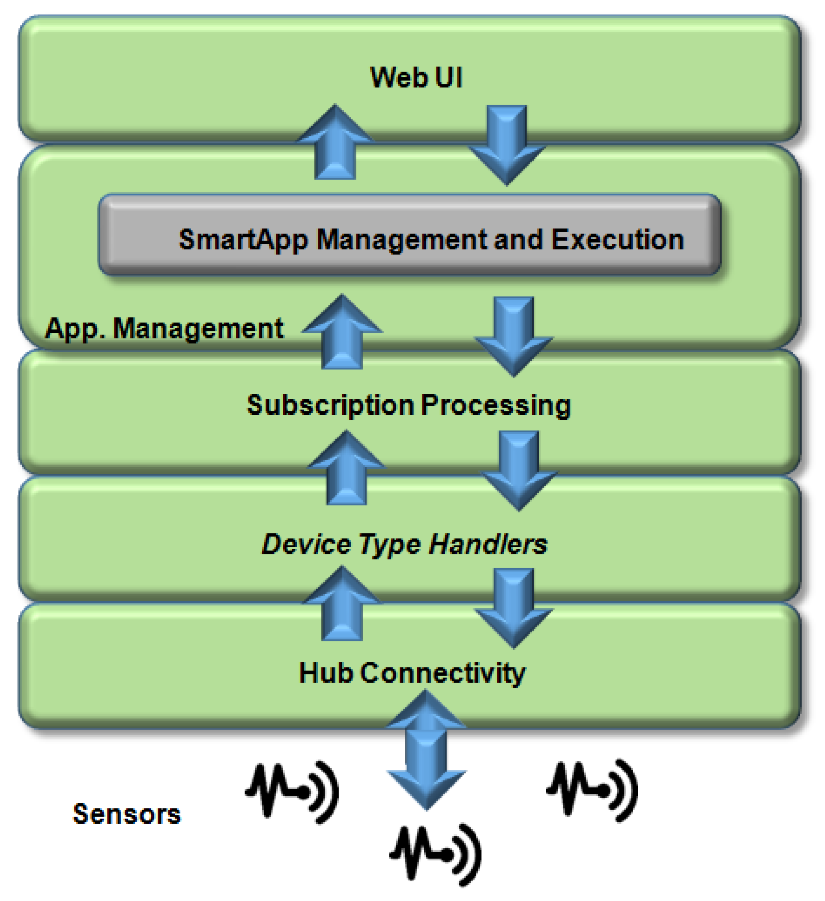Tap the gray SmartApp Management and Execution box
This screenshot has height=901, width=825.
pos(410,235)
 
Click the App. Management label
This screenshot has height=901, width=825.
pos(164,329)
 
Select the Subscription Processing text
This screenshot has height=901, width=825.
pos(409,405)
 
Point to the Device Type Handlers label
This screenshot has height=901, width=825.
pos(404,545)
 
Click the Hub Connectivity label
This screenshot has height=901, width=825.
pos(412,673)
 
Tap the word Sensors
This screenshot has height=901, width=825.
pos(127,814)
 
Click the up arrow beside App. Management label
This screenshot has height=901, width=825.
pos(342,333)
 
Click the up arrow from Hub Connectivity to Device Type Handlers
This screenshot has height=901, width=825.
pos(342,604)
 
